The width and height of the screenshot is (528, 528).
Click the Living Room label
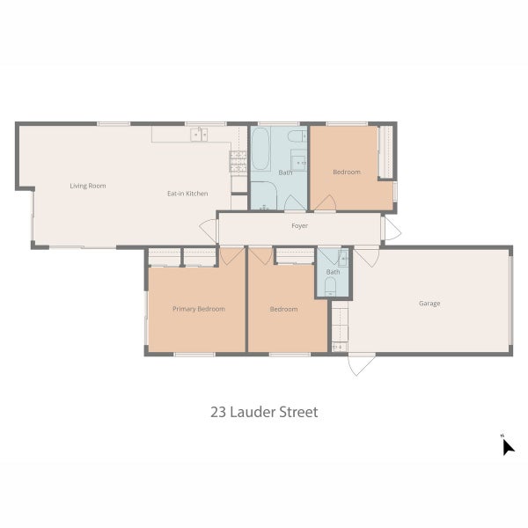tap(88, 186)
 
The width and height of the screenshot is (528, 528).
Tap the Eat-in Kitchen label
tap(187, 193)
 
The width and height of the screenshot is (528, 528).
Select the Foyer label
tap(299, 226)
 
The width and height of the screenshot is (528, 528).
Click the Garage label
tap(429, 304)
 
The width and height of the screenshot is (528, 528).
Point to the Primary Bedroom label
tap(198, 309)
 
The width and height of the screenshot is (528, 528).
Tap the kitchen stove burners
tap(238, 160)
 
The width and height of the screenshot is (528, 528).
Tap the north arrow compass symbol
tap(507, 446)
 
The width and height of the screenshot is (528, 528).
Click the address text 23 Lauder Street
tap(264, 411)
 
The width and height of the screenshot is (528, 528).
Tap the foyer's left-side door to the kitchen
tap(208, 229)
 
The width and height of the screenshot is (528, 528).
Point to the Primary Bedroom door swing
tap(231, 256)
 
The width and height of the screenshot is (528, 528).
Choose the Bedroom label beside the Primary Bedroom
tap(283, 309)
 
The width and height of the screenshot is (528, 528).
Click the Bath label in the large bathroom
tap(286, 172)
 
